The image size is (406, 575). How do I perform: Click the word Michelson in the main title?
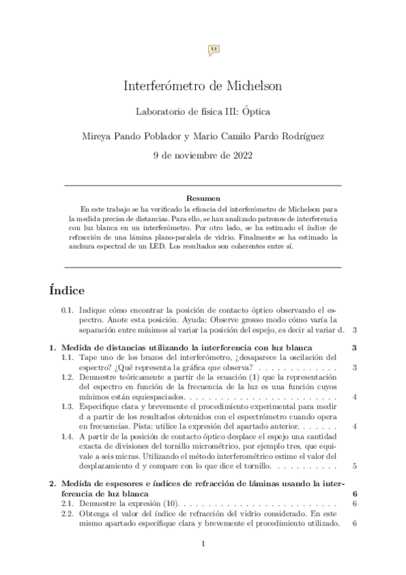[249, 86]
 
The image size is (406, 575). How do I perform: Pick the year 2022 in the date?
[240, 155]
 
